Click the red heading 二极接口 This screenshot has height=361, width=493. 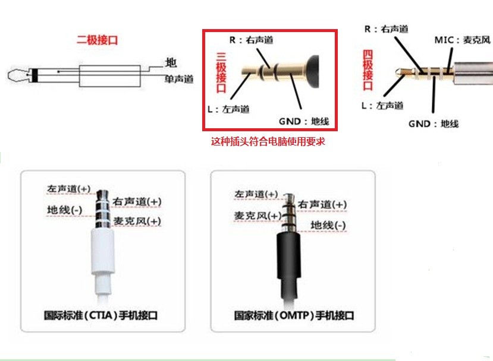[97, 40]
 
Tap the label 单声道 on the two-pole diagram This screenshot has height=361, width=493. [179, 79]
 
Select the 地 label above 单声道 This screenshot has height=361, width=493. [171, 62]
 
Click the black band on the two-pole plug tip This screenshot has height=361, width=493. [35, 75]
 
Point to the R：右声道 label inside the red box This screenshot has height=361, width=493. [251, 40]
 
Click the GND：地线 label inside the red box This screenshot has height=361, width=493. [304, 121]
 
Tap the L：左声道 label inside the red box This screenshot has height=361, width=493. [228, 109]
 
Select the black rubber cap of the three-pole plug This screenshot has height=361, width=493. [312, 72]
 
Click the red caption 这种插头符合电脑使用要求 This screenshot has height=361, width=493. [268, 141]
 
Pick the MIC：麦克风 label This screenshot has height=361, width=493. [462, 40]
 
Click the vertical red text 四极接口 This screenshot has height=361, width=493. [368, 70]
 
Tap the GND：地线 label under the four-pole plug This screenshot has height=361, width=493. [434, 123]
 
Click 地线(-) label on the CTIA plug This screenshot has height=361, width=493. [64, 210]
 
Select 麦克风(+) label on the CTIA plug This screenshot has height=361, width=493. [137, 221]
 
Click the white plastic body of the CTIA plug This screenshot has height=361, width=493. [102, 251]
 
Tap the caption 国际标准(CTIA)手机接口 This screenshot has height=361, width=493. [101, 315]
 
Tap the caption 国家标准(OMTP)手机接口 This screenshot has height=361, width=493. [294, 315]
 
